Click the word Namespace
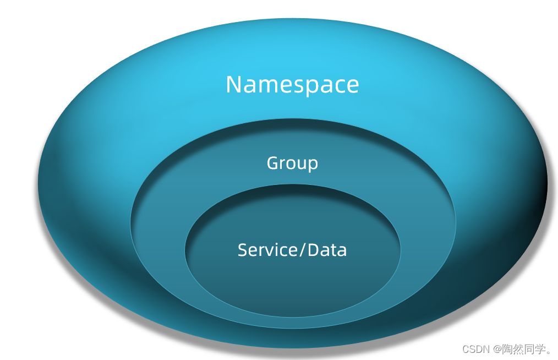pyautogui.click(x=292, y=85)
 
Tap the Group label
pyautogui.click(x=292, y=163)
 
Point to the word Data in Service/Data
pyautogui.click(x=327, y=250)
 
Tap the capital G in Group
pyautogui.click(x=272, y=163)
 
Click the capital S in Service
pyautogui.click(x=243, y=250)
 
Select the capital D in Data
pyautogui.click(x=313, y=250)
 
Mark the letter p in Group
pyautogui.click(x=313, y=165)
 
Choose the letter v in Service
pyautogui.click(x=269, y=251)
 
